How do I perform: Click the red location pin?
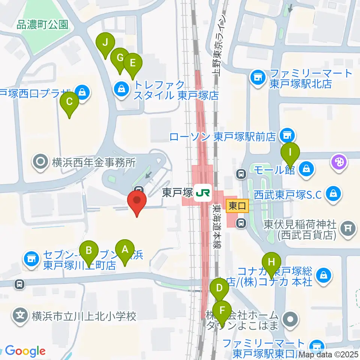pyautogui.click(x=137, y=202)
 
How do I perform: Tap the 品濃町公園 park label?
pyautogui.click(x=42, y=25)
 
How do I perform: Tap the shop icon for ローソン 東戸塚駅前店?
pyautogui.click(x=288, y=135)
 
